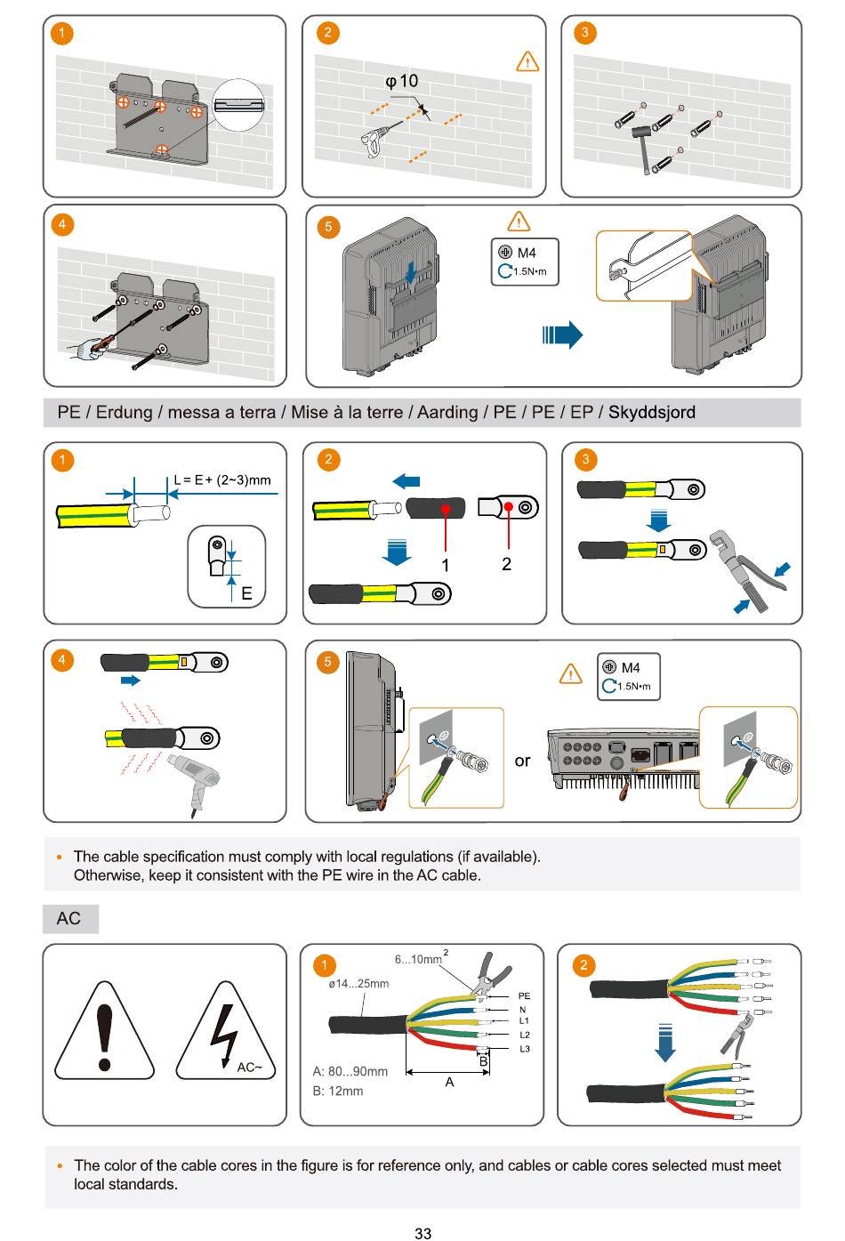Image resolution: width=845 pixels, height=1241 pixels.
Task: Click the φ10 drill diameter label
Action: [x=401, y=82]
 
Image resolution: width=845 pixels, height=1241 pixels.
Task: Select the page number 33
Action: [x=422, y=1233]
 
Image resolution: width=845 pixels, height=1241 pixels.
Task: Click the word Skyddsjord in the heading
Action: [x=652, y=413]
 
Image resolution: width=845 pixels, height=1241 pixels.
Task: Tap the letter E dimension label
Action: [x=246, y=594]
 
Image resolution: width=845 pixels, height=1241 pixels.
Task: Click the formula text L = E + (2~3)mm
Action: [x=222, y=480]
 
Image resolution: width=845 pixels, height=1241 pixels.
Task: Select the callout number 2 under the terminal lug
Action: [x=506, y=564]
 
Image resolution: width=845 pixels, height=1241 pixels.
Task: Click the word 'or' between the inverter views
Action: [x=522, y=761]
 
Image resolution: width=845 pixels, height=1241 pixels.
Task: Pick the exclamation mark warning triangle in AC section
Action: [x=105, y=1032]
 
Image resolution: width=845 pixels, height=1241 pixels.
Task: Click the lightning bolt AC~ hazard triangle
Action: [x=225, y=1032]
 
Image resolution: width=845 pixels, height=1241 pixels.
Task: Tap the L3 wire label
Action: [x=525, y=1049]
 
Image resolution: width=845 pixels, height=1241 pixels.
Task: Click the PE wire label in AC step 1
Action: [x=524, y=996]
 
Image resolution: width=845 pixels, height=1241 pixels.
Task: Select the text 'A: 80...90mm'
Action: [x=350, y=1072]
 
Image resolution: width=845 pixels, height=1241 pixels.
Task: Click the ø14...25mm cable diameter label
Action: [x=358, y=984]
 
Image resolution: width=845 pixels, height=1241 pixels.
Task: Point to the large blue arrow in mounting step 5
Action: [x=563, y=335]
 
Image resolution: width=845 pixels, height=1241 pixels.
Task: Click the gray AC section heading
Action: [x=69, y=919]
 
